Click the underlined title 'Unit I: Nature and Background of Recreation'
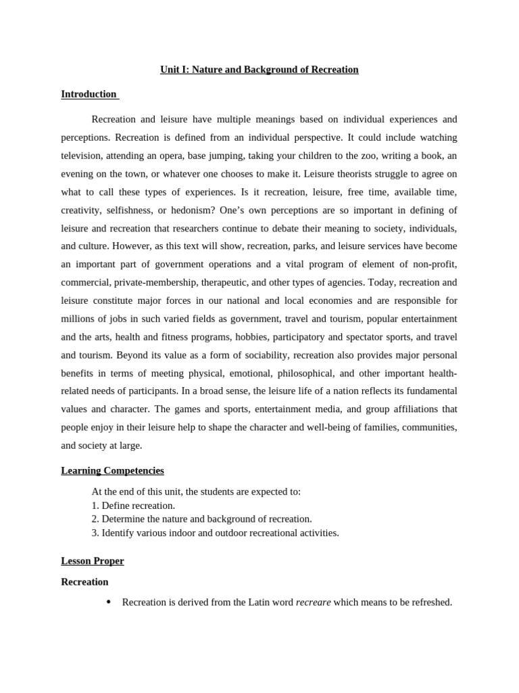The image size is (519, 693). pyautogui.click(x=259, y=70)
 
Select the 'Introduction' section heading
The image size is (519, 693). pyautogui.click(x=89, y=94)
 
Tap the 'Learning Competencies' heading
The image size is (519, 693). pyautogui.click(x=112, y=470)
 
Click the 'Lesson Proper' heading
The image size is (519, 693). pyautogui.click(x=93, y=561)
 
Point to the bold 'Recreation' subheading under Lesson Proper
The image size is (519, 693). pyautogui.click(x=84, y=581)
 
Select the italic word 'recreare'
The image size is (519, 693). pyautogui.click(x=313, y=602)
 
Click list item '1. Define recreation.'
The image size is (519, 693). pyautogui.click(x=133, y=506)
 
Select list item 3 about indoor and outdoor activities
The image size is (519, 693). pyautogui.click(x=215, y=533)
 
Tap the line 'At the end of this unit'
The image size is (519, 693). pyautogui.click(x=196, y=492)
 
